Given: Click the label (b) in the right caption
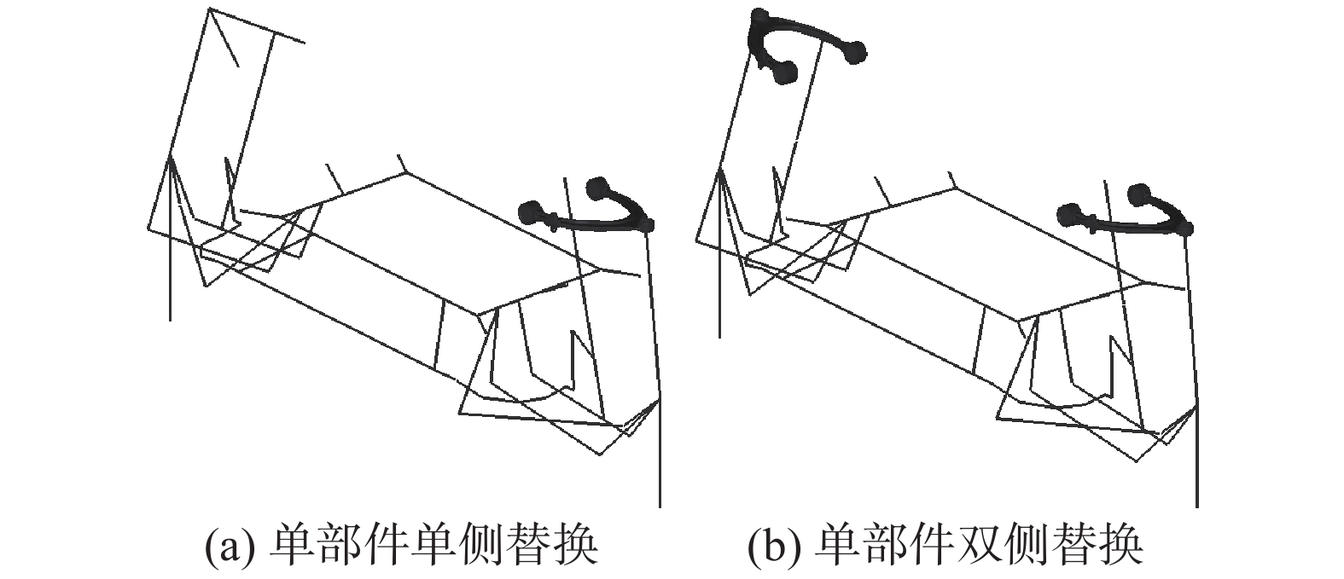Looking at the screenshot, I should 769,545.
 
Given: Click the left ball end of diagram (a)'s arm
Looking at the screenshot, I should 531,211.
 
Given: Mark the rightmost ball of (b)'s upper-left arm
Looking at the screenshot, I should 855,53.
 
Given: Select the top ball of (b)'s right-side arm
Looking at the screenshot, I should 1137,194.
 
